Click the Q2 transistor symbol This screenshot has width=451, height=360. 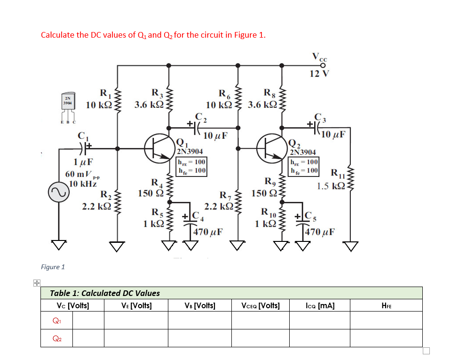(x=273, y=148)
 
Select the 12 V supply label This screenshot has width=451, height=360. (x=320, y=73)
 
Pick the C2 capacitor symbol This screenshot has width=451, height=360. (x=196, y=126)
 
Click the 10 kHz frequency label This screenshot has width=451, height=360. (x=83, y=184)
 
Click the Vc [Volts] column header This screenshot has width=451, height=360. (x=72, y=305)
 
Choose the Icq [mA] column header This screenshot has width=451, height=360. (x=320, y=305)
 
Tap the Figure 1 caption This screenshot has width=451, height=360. (x=53, y=267)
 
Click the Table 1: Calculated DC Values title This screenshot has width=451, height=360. (x=105, y=293)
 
